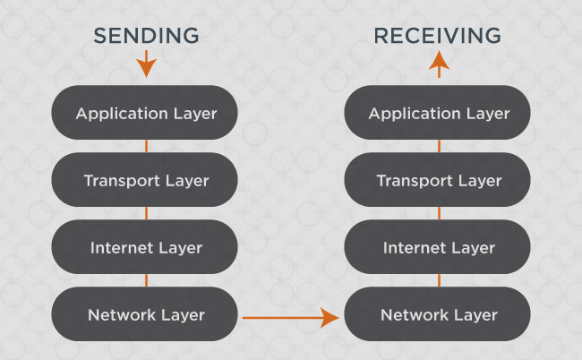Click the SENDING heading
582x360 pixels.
pyautogui.click(x=146, y=36)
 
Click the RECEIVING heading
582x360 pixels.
pyautogui.click(x=438, y=36)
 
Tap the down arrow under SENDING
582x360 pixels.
pyautogui.click(x=146, y=64)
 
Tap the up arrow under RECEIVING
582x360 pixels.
pyautogui.click(x=439, y=63)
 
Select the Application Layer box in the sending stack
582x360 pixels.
pyautogui.click(x=146, y=114)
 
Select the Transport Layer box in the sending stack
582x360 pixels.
pyautogui.click(x=146, y=181)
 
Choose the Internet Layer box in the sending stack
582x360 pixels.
pyautogui.click(x=146, y=247)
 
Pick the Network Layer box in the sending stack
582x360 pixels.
pyautogui.click(x=146, y=314)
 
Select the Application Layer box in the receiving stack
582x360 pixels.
pyautogui.click(x=439, y=114)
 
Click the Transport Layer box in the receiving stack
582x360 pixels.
pyautogui.click(x=439, y=181)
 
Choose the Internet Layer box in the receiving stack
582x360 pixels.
pyautogui.click(x=439, y=247)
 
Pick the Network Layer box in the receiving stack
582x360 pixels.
pyautogui.click(x=439, y=314)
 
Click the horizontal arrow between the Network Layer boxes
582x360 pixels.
pyautogui.click(x=292, y=317)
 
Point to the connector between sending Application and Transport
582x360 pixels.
pyautogui.click(x=146, y=147)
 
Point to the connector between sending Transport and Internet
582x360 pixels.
pyautogui.click(x=146, y=214)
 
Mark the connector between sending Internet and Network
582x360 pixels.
pyautogui.click(x=146, y=281)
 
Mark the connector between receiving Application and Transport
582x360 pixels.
pyautogui.click(x=439, y=147)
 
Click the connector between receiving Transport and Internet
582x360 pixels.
pyautogui.click(x=439, y=214)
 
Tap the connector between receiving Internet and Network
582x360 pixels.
pyautogui.click(x=439, y=281)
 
